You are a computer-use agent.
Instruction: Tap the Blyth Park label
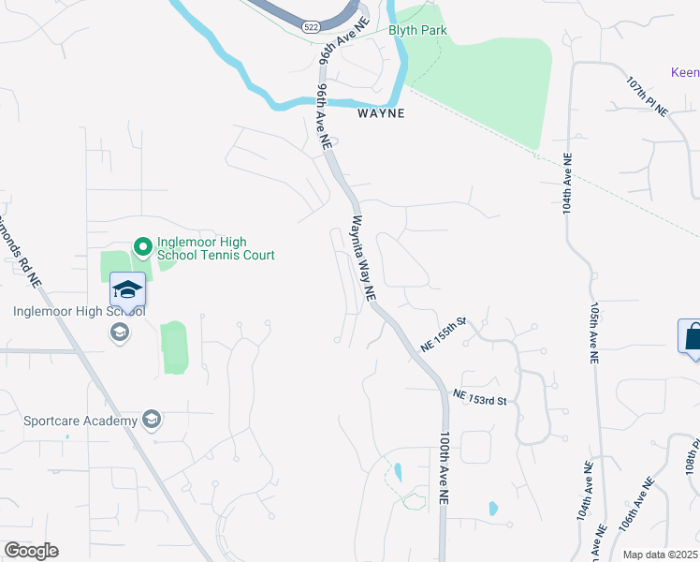point(417,30)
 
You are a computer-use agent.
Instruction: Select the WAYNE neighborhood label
point(382,113)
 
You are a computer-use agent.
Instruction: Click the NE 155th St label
point(444,333)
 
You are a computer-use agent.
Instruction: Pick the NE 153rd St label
point(480,398)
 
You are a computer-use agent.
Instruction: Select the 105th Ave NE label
point(593,332)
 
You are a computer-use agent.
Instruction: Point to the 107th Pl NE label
point(648,96)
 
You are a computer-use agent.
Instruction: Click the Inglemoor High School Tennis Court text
point(215,247)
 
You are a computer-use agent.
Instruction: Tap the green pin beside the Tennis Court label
point(143,247)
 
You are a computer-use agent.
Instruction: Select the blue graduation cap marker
point(128,289)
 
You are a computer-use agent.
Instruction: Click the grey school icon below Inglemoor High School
point(119,332)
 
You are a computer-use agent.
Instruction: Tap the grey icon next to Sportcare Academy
point(151,419)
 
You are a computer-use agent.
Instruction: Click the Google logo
point(31,551)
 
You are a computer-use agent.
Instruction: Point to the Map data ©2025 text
point(660,555)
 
